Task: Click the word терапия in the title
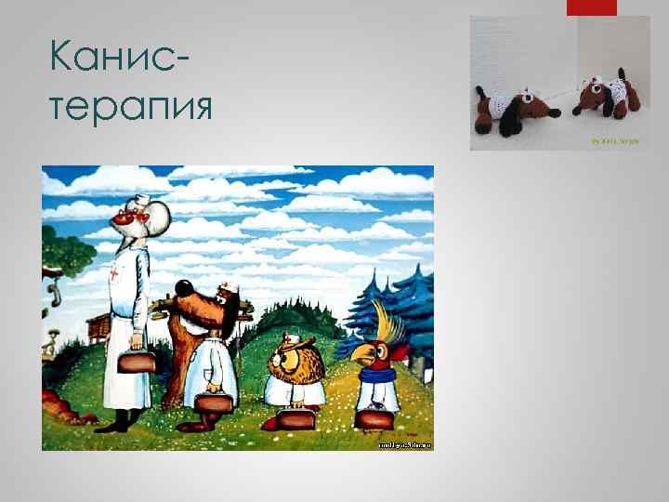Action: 129,106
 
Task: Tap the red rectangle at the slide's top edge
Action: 591,7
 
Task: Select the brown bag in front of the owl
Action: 296,418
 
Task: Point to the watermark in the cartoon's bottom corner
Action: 404,445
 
